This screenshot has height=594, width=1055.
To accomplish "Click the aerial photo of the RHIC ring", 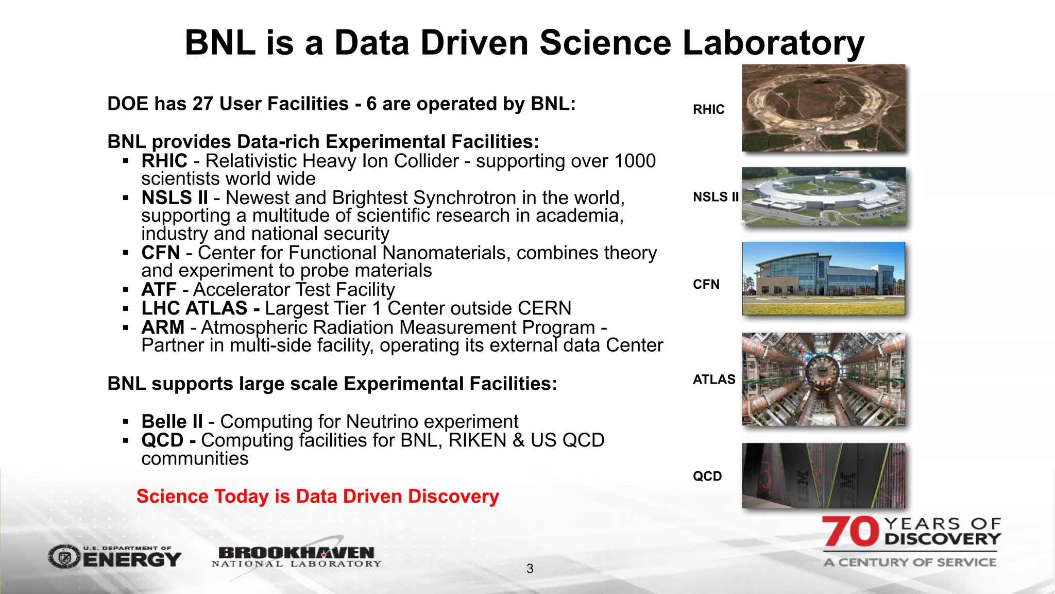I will (x=823, y=108).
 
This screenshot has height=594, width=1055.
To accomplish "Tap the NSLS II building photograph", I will (x=823, y=196).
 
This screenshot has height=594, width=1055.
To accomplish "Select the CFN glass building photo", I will (x=823, y=278).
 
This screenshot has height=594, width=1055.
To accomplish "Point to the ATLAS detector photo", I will (x=823, y=379).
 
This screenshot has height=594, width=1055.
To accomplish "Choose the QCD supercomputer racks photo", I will (x=823, y=475).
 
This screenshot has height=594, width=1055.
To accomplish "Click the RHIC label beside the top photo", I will (x=708, y=109).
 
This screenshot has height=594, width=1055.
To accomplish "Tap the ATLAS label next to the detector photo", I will (x=714, y=379).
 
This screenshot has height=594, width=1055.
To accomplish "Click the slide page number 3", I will (x=530, y=569).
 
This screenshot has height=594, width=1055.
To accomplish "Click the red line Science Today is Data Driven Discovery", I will (x=317, y=496).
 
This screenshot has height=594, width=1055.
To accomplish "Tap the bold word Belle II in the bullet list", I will (x=172, y=421).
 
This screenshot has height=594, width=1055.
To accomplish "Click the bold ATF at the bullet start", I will (x=159, y=290).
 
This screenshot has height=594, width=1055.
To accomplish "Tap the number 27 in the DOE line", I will (x=203, y=104).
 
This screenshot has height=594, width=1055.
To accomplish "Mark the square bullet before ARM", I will (x=126, y=327).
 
